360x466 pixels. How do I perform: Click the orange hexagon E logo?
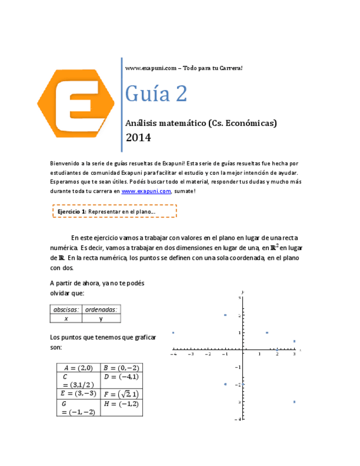76,103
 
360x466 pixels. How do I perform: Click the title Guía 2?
156,93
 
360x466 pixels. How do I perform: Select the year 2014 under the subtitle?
138,137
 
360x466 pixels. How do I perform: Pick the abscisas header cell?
66,309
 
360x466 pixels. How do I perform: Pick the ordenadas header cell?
102,309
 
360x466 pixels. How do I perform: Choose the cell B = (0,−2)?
121,368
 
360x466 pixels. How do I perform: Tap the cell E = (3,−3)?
80,393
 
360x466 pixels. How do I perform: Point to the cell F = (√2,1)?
121,393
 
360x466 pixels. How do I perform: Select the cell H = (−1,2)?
121,404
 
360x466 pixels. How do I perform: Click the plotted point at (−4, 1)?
173,332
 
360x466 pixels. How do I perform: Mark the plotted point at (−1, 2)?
225,315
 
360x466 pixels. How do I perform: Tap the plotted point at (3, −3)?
295,402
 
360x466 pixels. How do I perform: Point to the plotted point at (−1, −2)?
225,384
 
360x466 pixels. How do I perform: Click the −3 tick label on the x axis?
190,354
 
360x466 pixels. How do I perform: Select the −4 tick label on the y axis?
239,419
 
